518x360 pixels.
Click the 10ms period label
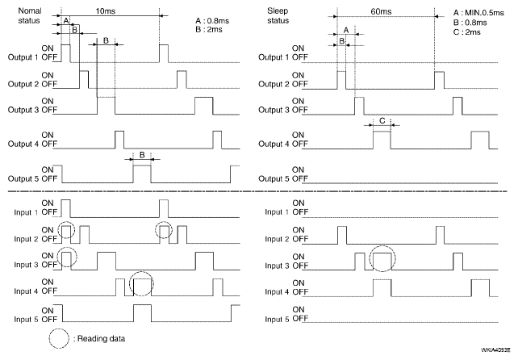106,11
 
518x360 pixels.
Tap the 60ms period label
381,11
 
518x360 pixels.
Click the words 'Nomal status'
29,15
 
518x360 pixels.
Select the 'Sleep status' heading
278,15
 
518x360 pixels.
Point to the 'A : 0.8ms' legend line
212,21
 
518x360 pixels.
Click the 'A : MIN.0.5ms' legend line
478,13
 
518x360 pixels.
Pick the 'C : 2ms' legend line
467,32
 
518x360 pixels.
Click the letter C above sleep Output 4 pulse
382,121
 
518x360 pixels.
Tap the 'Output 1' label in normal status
23,57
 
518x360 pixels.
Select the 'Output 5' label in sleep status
274,178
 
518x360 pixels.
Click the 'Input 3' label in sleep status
277,266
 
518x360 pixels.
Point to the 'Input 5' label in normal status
26,320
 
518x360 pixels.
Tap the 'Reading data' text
101,339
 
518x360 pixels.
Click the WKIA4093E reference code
495,350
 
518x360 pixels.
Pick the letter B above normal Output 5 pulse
142,155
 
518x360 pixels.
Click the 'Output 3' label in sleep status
274,110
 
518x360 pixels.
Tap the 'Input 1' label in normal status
26,212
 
